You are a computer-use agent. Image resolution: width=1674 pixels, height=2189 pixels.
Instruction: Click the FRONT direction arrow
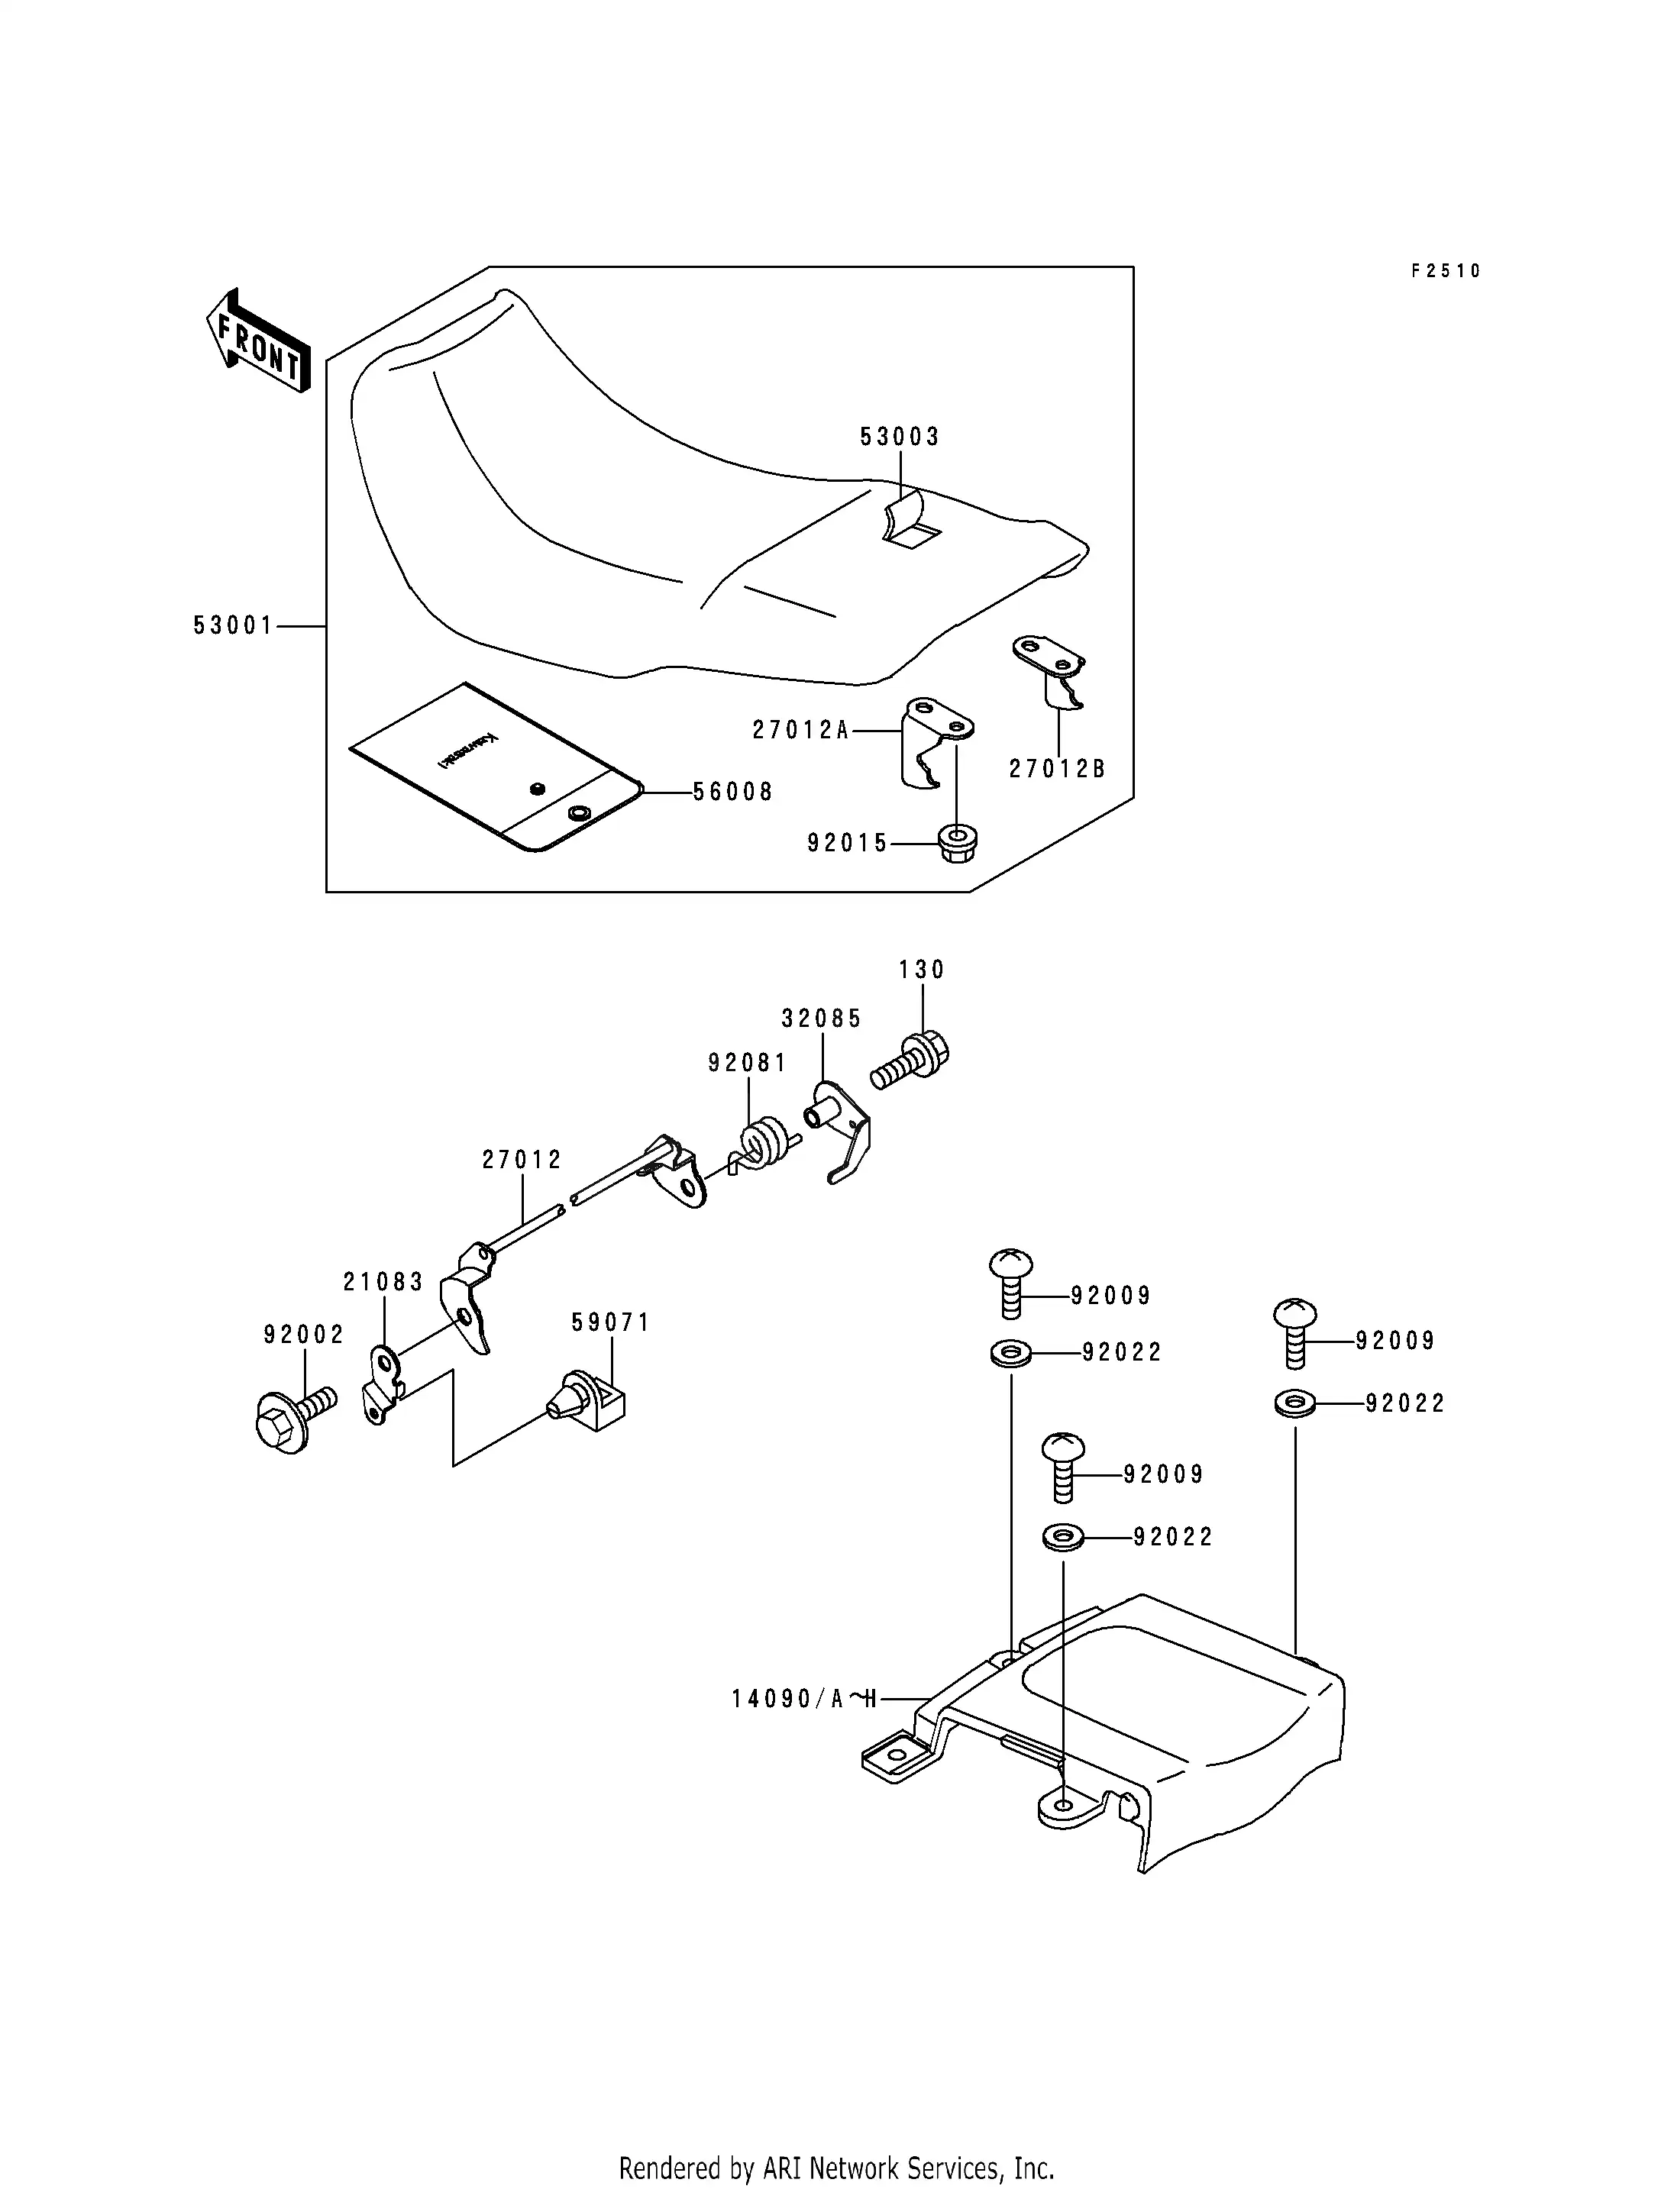(257, 341)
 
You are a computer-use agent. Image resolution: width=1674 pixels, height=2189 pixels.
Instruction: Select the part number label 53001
(233, 626)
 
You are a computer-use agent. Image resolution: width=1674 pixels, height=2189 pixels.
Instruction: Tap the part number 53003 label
(900, 437)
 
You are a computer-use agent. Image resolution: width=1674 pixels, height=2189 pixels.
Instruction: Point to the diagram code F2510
(1446, 271)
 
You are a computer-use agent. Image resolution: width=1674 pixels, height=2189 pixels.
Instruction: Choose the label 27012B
(1057, 769)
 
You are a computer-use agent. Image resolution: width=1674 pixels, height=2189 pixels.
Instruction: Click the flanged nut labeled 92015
(958, 843)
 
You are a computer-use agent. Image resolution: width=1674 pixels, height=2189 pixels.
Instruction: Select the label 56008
(733, 792)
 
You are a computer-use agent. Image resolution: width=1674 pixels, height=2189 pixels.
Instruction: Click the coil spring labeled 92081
(765, 1143)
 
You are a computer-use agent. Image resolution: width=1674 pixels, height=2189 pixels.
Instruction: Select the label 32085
(821, 1019)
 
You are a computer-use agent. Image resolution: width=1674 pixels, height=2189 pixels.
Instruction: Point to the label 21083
(383, 1282)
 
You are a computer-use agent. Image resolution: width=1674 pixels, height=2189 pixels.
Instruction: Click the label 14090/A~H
(803, 1699)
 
